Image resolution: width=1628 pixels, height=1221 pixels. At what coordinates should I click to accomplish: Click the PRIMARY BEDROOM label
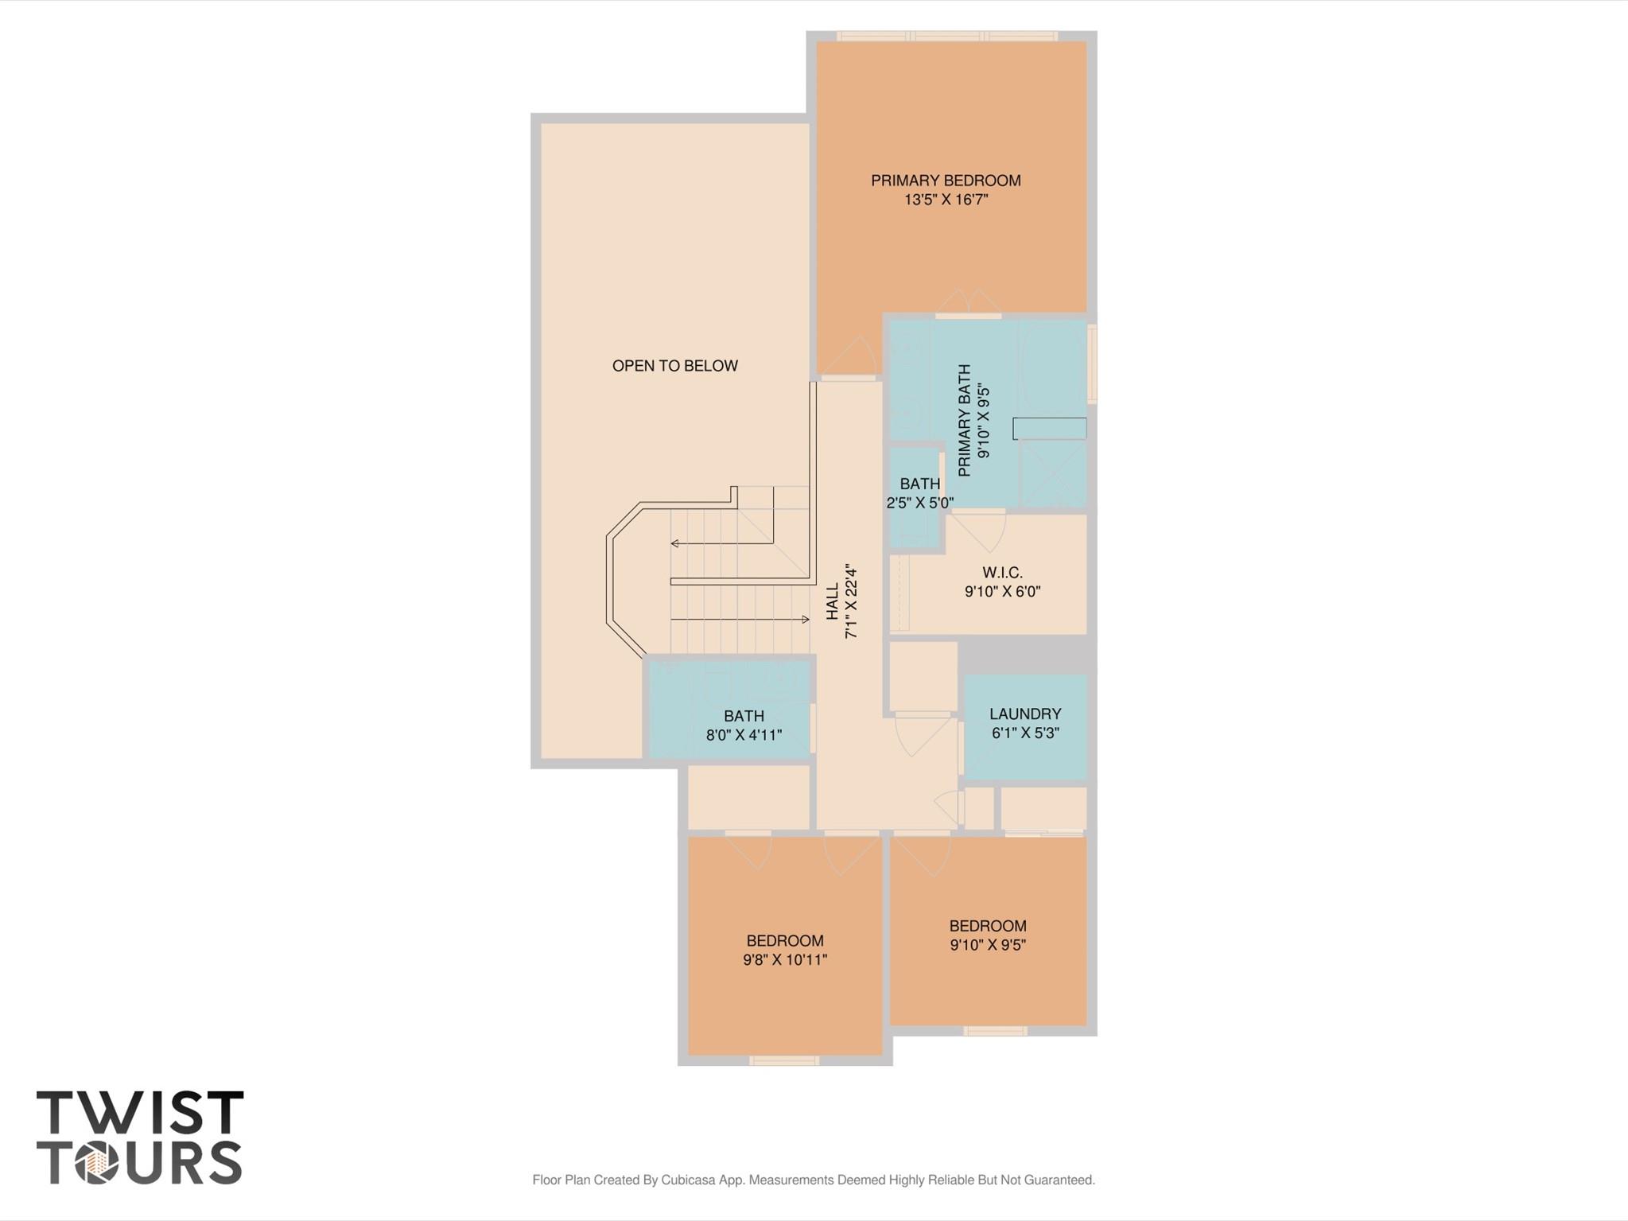(x=946, y=181)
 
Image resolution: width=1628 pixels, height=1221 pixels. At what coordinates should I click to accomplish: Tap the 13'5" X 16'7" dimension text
(x=946, y=200)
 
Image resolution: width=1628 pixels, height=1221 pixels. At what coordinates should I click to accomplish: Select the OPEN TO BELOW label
(x=674, y=366)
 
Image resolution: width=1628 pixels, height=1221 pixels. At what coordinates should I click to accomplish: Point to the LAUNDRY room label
(x=1025, y=714)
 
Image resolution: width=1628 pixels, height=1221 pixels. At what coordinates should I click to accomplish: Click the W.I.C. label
(x=1002, y=573)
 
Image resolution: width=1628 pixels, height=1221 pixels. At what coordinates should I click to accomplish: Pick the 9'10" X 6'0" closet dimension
(x=1002, y=592)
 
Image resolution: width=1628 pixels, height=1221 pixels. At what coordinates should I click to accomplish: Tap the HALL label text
(x=833, y=601)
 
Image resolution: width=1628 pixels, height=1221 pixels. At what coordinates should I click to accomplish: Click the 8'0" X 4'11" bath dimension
(x=744, y=735)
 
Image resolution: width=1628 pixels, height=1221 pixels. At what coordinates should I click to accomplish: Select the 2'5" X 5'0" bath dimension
(x=920, y=503)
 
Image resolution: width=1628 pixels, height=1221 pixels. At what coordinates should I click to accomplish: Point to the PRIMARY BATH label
(x=965, y=421)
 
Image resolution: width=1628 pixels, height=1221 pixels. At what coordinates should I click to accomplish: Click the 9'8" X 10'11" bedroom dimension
(x=785, y=960)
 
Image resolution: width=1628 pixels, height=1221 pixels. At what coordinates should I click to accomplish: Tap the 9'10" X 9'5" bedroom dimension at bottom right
(x=988, y=945)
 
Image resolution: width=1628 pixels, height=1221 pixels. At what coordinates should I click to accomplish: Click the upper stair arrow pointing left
(x=722, y=543)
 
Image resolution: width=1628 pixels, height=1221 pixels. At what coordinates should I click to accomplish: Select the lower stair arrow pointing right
(x=740, y=619)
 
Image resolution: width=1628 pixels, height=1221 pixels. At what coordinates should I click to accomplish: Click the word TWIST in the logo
(x=140, y=1112)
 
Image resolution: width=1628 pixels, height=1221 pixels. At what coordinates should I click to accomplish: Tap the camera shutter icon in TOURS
(x=96, y=1162)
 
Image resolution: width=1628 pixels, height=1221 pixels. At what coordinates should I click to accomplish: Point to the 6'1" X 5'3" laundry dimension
(x=1025, y=733)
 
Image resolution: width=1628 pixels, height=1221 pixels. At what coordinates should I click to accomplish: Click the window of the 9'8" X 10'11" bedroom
(x=784, y=1060)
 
